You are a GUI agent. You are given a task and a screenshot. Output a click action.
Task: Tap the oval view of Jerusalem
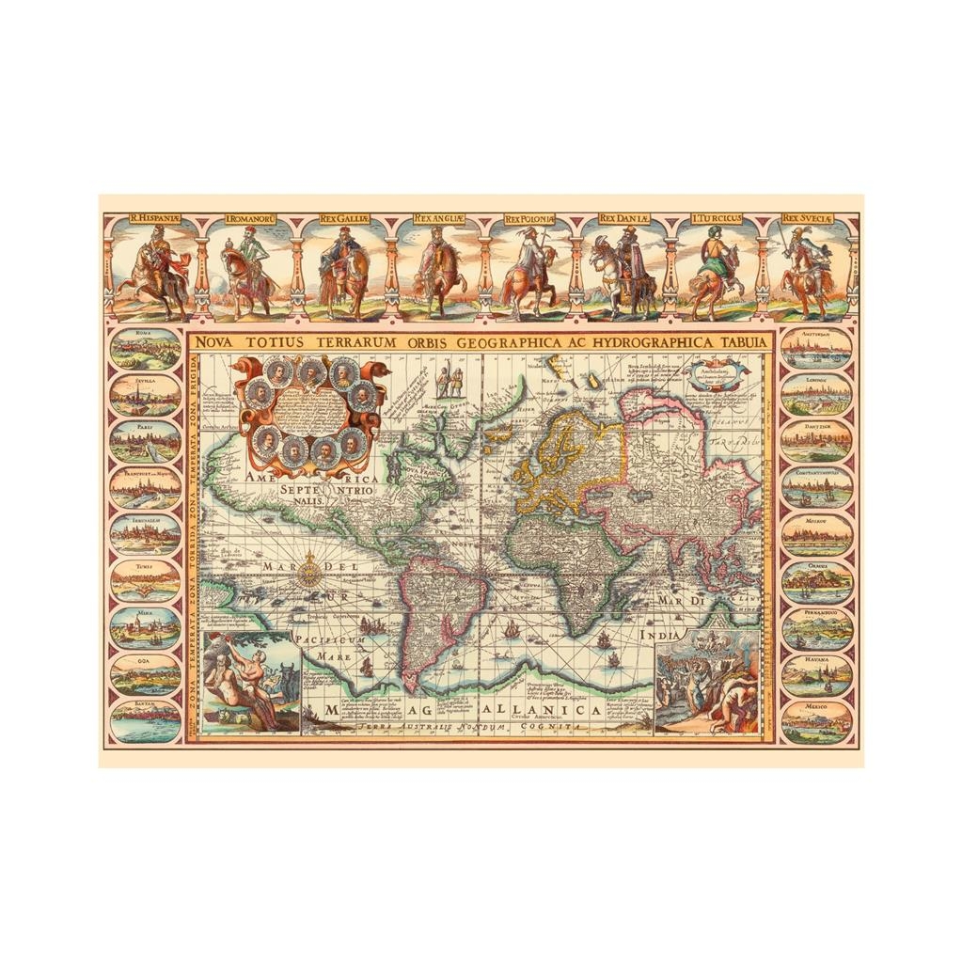click(145, 533)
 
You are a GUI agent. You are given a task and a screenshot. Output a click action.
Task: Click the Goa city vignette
click(145, 674)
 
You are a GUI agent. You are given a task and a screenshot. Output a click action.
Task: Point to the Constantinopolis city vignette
click(815, 487)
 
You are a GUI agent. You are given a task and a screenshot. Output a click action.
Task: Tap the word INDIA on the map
click(659, 636)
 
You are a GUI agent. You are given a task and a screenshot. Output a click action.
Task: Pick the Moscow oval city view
click(815, 533)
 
